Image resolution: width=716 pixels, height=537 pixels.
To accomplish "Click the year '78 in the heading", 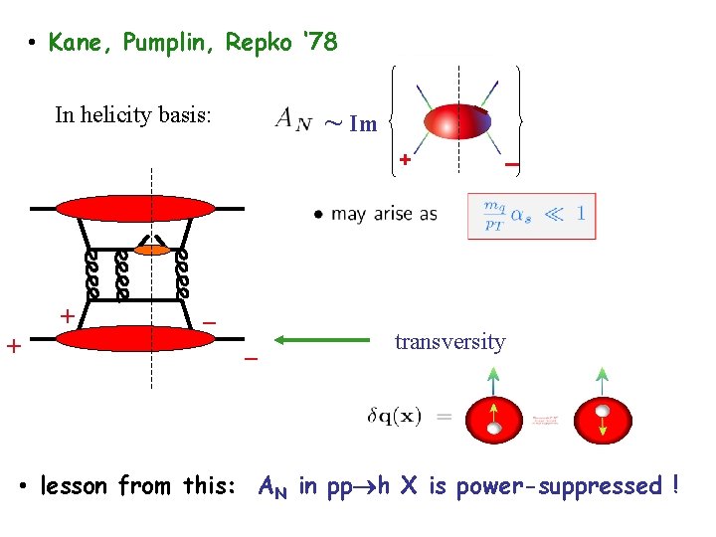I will click(x=315, y=43).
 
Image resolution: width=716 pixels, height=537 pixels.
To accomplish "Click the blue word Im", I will click(x=365, y=123).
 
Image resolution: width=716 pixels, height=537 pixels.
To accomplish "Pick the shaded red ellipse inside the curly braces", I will click(x=457, y=121).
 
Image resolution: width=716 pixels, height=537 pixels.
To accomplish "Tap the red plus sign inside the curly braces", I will click(x=405, y=159).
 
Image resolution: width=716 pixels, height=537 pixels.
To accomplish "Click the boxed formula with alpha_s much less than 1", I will click(x=532, y=215).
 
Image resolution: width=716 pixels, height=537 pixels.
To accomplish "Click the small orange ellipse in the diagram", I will click(x=153, y=250).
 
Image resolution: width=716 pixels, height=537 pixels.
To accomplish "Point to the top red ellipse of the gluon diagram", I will click(x=135, y=208).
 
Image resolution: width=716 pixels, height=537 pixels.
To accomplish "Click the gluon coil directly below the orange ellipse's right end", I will click(x=182, y=274).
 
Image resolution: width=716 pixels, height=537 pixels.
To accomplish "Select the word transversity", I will click(x=449, y=342).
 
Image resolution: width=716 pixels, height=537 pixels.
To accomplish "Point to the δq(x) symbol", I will click(x=394, y=416).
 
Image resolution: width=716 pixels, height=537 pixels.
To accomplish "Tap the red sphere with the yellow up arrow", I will click(x=494, y=417).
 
